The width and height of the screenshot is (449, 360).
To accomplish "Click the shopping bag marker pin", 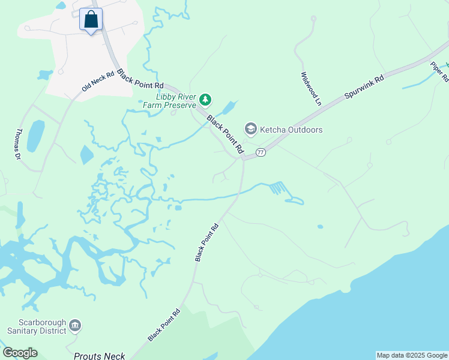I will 91,19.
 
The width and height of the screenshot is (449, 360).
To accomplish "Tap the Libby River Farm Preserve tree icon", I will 205,98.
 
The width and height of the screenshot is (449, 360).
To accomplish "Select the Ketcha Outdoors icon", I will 250,129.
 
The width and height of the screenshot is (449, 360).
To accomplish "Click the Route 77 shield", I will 261,152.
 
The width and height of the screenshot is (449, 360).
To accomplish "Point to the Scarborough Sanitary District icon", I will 75,325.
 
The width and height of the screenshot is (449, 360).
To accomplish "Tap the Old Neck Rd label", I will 97,82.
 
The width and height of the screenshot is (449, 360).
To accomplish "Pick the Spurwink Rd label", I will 364,88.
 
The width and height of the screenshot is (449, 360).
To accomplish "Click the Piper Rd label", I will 439,71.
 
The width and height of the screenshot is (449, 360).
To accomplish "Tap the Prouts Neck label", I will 100,356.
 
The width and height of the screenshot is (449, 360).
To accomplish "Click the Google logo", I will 20,353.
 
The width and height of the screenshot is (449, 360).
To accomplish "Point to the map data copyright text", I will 412,355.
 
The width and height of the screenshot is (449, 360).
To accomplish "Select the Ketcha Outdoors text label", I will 291,130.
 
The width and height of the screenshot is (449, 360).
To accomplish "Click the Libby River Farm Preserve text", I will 176,100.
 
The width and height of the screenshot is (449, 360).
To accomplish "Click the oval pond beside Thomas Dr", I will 35,136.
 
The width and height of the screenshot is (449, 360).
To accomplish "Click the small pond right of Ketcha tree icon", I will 229,109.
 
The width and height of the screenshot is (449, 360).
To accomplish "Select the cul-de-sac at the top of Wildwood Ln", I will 313,19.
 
